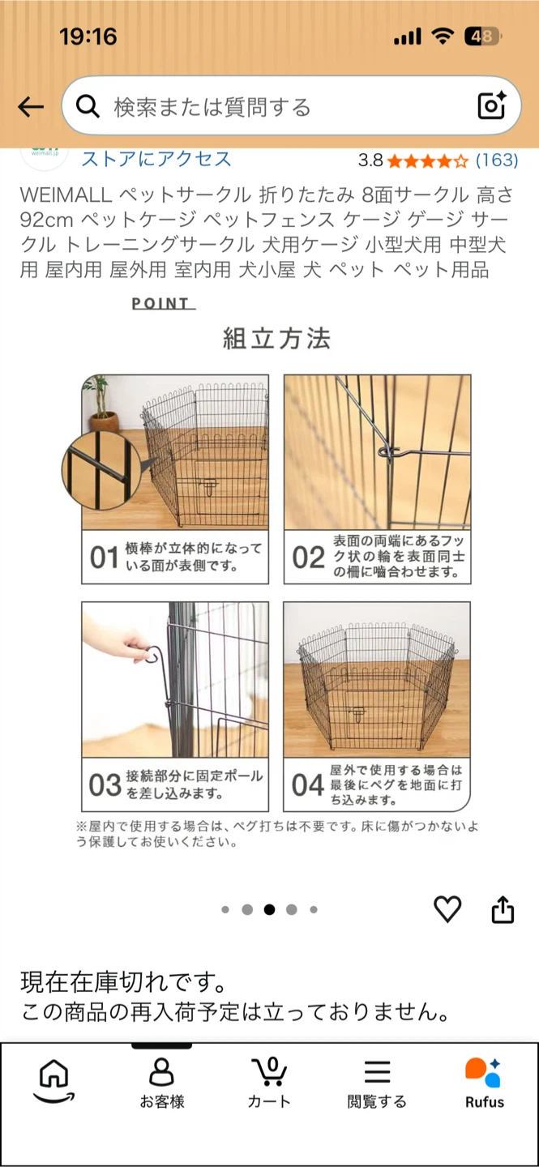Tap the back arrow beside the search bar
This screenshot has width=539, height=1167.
(x=30, y=107)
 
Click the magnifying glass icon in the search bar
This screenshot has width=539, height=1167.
(x=88, y=107)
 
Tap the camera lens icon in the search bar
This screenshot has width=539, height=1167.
(x=491, y=105)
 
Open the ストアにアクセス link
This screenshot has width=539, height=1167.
(x=156, y=159)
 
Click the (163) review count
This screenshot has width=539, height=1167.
(x=497, y=160)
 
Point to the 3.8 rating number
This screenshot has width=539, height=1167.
(x=370, y=160)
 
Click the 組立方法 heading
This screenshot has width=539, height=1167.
(x=276, y=339)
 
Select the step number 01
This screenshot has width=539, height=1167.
(x=105, y=558)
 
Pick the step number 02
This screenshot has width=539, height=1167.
(x=308, y=558)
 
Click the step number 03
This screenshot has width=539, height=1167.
(x=105, y=785)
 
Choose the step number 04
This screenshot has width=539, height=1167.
(x=307, y=785)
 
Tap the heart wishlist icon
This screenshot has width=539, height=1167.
(x=447, y=909)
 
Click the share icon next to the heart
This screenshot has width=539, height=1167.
(x=503, y=909)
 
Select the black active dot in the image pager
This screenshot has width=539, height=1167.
(x=269, y=909)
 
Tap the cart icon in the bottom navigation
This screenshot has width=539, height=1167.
(x=269, y=1072)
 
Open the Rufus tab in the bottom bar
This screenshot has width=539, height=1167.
(x=484, y=1083)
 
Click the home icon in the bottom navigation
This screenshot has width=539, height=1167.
(x=54, y=1080)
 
